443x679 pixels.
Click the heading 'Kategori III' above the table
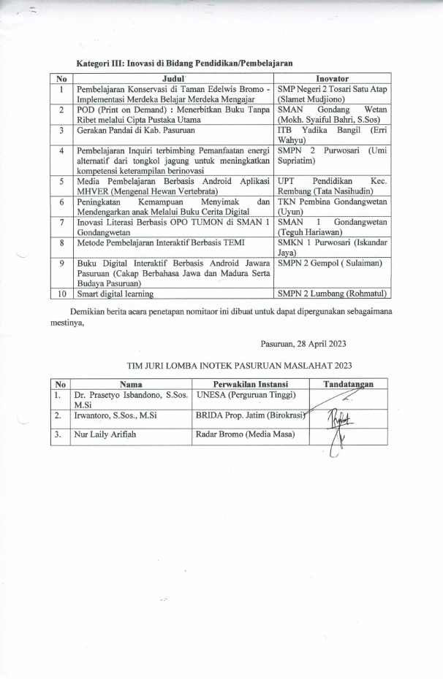pos(102,63)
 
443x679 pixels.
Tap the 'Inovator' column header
pos(332,78)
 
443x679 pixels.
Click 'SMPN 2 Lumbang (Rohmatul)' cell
pos(332,294)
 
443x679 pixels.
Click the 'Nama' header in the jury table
pos(131,384)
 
